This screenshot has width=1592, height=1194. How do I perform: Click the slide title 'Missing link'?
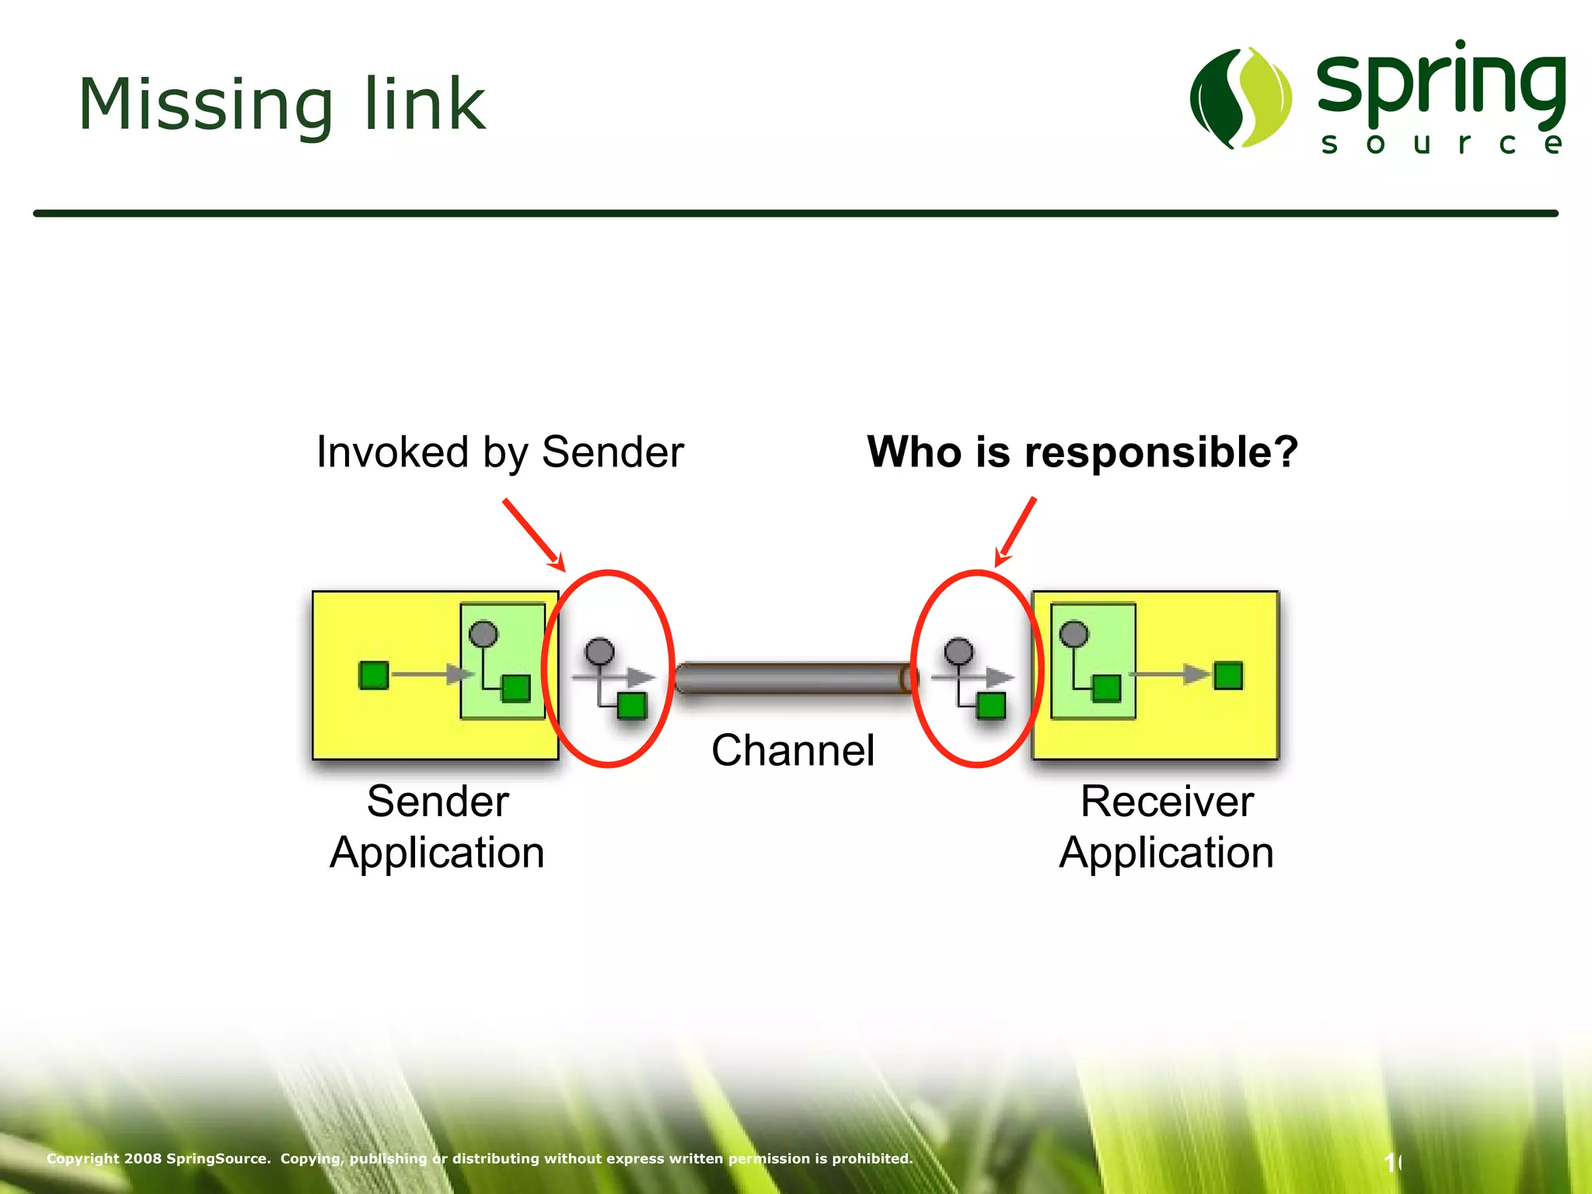tap(281, 104)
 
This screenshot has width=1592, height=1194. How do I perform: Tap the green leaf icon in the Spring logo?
tap(1241, 98)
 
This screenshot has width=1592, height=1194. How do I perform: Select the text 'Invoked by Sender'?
tap(500, 452)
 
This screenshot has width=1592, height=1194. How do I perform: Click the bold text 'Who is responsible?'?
tap(1082, 452)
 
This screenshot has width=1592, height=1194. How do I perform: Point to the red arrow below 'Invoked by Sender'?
tap(534, 534)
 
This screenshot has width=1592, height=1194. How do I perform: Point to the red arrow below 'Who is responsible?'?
tap(1016, 532)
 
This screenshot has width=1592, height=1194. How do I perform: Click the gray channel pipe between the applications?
tap(793, 679)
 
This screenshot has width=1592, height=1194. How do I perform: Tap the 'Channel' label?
tap(793, 751)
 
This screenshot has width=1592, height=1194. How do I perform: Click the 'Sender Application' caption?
tap(437, 827)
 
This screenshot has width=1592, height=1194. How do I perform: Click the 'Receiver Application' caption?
tap(1166, 827)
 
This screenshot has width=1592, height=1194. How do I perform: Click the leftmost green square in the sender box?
tap(374, 675)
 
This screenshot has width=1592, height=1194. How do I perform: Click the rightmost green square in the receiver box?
tap(1228, 675)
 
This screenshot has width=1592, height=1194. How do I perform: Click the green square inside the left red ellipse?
tap(631, 706)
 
